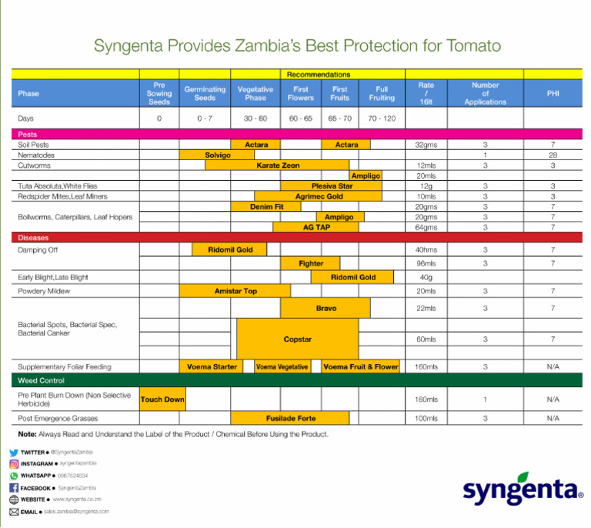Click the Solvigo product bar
coord(217,155)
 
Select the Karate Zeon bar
coord(277,165)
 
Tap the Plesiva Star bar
coord(332,185)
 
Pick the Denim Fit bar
coord(267,206)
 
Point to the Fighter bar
coord(311,263)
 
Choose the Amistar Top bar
coord(235,291)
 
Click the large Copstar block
coord(297,339)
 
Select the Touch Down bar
coord(162,399)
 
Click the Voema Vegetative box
coord(282,366)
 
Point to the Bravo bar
coord(326,308)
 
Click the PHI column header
coord(553,93)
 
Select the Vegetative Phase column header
coord(255,93)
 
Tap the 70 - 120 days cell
coord(382,119)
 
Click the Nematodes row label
coord(36,155)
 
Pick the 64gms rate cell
coord(426,227)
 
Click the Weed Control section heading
coord(42,380)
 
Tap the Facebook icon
coord(14,488)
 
